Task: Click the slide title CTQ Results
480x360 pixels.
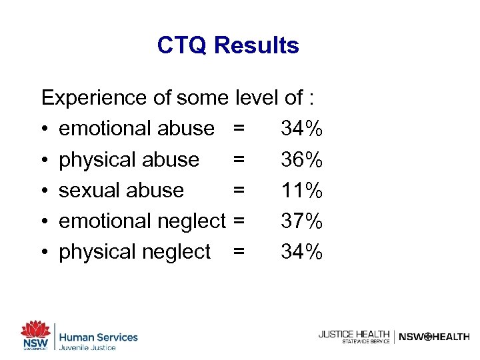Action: [x=228, y=45]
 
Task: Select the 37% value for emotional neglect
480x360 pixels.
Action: [x=302, y=221]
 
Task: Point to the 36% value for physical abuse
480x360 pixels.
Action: [x=302, y=160]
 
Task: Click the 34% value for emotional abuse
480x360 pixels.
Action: [x=302, y=129]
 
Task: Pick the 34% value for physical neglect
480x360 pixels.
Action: [x=302, y=251]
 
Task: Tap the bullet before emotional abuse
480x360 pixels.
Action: [x=45, y=129]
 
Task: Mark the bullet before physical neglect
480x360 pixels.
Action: [x=45, y=252]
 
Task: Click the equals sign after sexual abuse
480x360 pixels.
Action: [x=239, y=190]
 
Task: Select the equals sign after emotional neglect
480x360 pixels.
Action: [x=239, y=221]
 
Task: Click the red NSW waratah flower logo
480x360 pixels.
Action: [x=35, y=331]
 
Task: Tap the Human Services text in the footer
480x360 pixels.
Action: [x=98, y=337]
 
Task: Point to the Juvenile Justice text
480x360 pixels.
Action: [x=87, y=348]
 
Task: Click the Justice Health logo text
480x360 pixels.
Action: [x=353, y=334]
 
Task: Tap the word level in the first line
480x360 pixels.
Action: [x=257, y=98]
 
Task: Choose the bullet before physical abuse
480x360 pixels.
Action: [x=45, y=160]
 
